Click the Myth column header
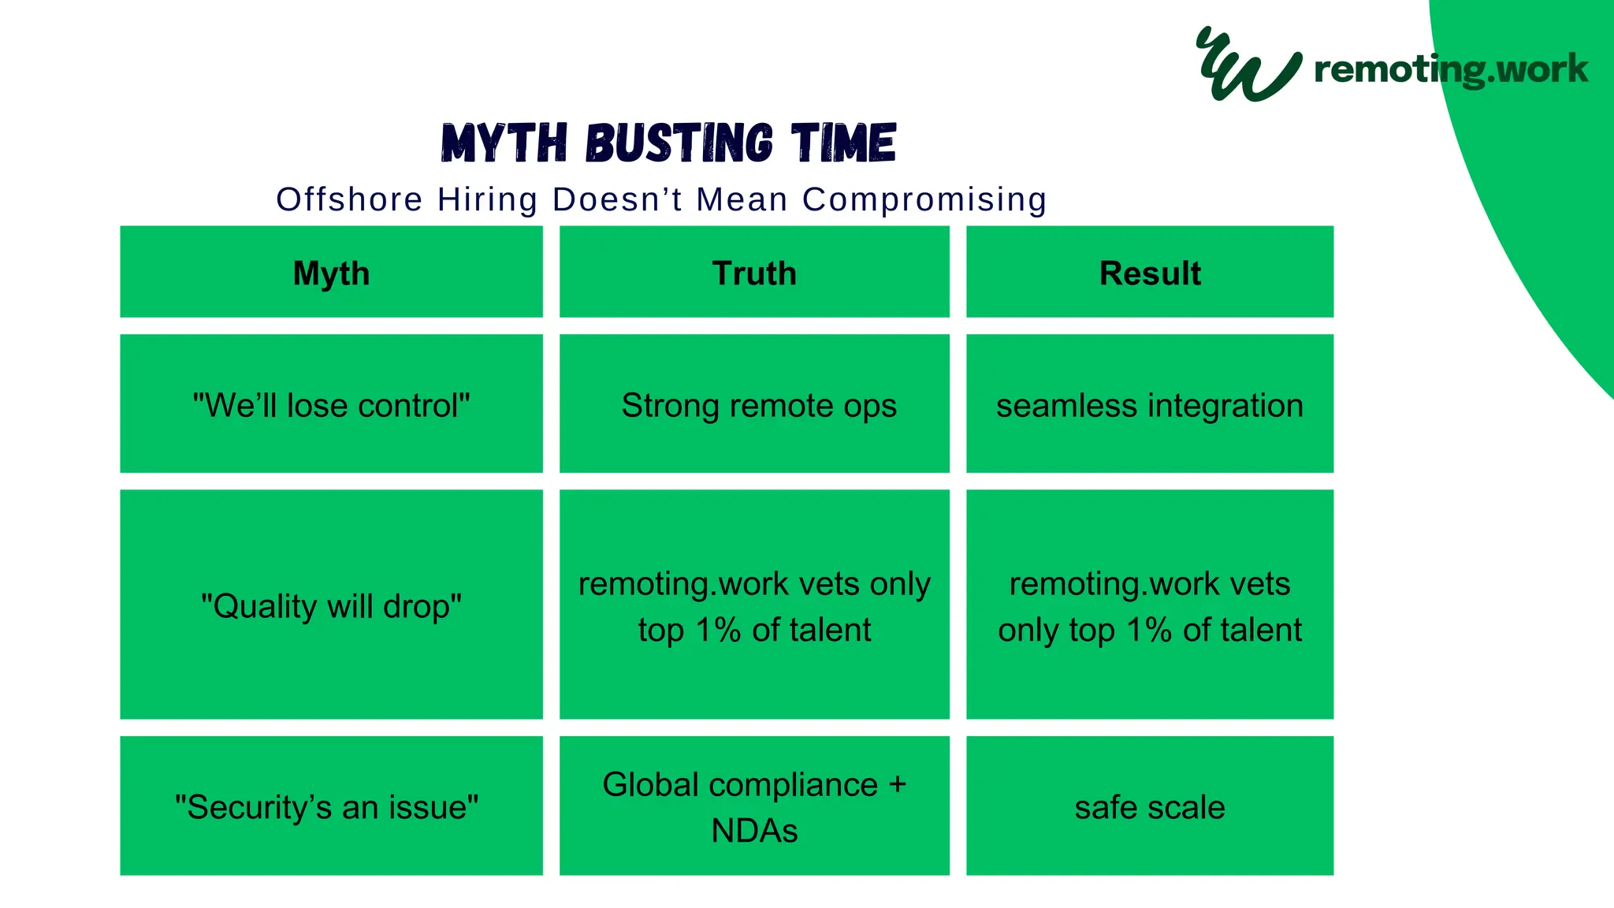[x=331, y=273]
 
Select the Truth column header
[x=754, y=273]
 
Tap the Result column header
[x=1150, y=273]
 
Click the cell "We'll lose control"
[x=331, y=405]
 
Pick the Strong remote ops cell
[x=758, y=405]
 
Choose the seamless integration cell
[x=1150, y=405]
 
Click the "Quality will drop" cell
[x=331, y=606]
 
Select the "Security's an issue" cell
[x=327, y=807]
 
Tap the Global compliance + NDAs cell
[x=754, y=806]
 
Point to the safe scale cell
[x=1150, y=807]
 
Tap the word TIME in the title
[x=844, y=143]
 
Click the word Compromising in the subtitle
[x=924, y=199]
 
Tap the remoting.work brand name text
[x=1451, y=69]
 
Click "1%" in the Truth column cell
[x=718, y=630]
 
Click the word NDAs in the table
[x=754, y=831]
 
